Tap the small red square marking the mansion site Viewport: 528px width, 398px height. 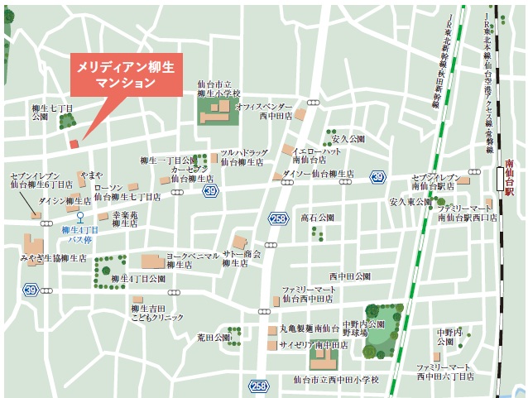point(74,143)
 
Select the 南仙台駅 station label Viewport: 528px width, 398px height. point(510,178)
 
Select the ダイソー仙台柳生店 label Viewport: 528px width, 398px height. point(318,174)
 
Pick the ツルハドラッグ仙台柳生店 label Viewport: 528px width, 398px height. point(243,157)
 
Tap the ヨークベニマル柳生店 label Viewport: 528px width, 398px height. point(192,261)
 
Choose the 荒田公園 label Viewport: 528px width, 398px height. point(214,338)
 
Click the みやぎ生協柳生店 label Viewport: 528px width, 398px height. point(54,258)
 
